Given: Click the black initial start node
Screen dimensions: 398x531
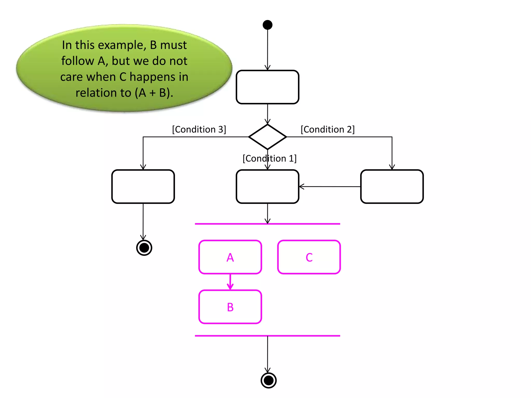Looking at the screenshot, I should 267,25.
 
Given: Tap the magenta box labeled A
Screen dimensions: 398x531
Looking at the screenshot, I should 230,257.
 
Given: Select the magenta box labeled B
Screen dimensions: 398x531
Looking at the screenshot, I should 230,307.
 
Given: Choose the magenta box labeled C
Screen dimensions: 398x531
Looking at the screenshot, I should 309,257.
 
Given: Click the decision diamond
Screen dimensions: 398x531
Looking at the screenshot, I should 267,137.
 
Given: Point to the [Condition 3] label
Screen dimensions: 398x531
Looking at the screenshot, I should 199,129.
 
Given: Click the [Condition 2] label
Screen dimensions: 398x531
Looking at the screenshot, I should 327,129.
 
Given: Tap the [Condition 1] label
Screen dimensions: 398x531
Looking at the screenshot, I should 269,158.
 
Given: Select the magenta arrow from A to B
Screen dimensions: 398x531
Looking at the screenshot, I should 230,282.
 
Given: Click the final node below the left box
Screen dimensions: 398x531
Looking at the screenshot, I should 144,248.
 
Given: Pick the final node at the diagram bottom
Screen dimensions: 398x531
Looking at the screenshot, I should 268,380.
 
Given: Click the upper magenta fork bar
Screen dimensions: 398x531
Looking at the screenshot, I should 267,224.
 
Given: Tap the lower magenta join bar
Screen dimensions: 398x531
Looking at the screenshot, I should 267,336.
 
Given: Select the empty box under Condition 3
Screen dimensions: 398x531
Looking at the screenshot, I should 143,187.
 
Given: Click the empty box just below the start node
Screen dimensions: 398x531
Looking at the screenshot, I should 267,87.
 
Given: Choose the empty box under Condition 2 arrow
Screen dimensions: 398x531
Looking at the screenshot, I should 392,187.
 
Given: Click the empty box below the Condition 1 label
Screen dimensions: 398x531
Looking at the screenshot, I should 267,187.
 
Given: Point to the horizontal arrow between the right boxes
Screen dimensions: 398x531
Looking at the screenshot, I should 330,187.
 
